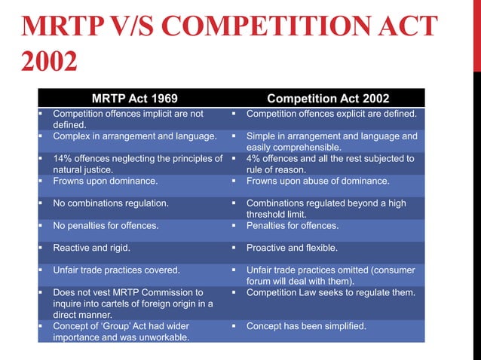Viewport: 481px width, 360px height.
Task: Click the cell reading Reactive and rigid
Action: (93, 247)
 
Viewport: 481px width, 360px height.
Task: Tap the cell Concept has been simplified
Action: (306, 325)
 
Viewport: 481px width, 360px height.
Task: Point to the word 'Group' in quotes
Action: (112, 325)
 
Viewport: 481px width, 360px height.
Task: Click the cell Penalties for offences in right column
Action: (293, 225)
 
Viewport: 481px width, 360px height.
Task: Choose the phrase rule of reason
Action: (279, 169)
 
